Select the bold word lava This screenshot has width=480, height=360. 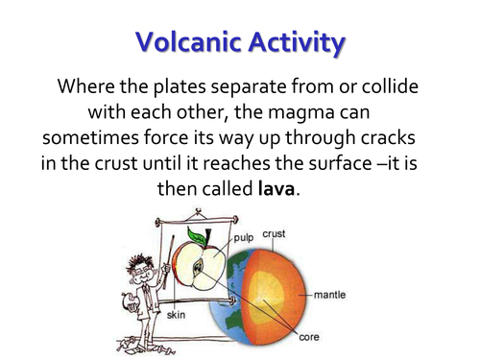277,188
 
